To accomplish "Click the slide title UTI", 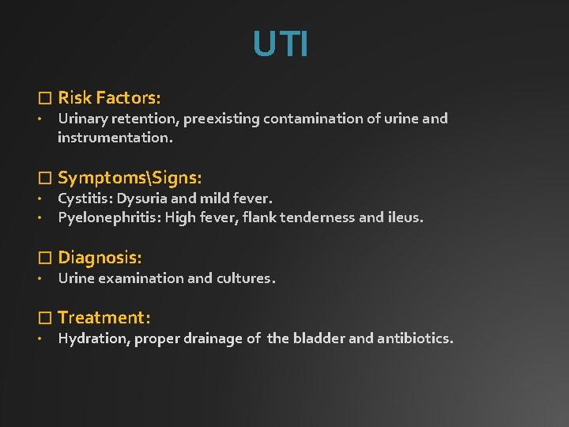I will [281, 44].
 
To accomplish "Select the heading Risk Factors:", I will [109, 98].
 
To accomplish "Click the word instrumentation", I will [115, 138].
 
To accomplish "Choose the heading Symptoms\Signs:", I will [130, 178].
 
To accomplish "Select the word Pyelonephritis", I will [108, 217].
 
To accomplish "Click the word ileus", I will [404, 217].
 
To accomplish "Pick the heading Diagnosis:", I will [100, 257].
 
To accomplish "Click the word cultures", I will [246, 278].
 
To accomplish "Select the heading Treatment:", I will [104, 318].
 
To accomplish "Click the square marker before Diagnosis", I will [45, 258].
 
